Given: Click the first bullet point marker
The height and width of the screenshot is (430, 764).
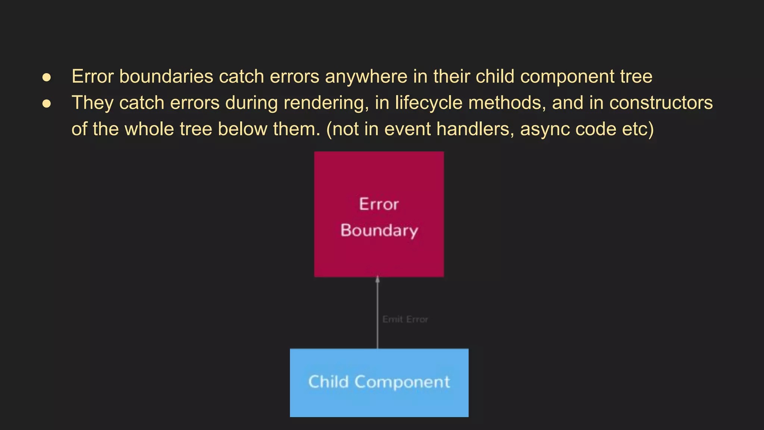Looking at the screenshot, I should click(x=47, y=77).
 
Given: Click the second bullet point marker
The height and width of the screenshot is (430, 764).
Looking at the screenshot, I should click(x=47, y=103).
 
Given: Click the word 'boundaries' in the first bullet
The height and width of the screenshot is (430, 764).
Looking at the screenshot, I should click(x=166, y=77).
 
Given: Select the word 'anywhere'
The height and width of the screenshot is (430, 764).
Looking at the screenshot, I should click(x=366, y=77).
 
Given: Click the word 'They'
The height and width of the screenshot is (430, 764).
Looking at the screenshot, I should click(x=92, y=103).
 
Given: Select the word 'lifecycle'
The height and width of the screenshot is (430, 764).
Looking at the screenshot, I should click(x=429, y=103).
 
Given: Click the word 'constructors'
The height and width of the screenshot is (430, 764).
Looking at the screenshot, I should click(x=661, y=103).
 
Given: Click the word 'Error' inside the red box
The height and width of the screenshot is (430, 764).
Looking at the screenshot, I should click(x=379, y=205).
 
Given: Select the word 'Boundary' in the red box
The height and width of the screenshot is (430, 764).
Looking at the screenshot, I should click(x=379, y=231).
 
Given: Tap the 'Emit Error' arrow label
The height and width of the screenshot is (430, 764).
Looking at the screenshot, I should click(x=405, y=320).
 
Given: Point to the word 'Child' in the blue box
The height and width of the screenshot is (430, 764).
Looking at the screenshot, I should click(x=328, y=382).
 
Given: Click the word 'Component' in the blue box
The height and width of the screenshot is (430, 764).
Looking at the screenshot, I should click(x=402, y=382).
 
